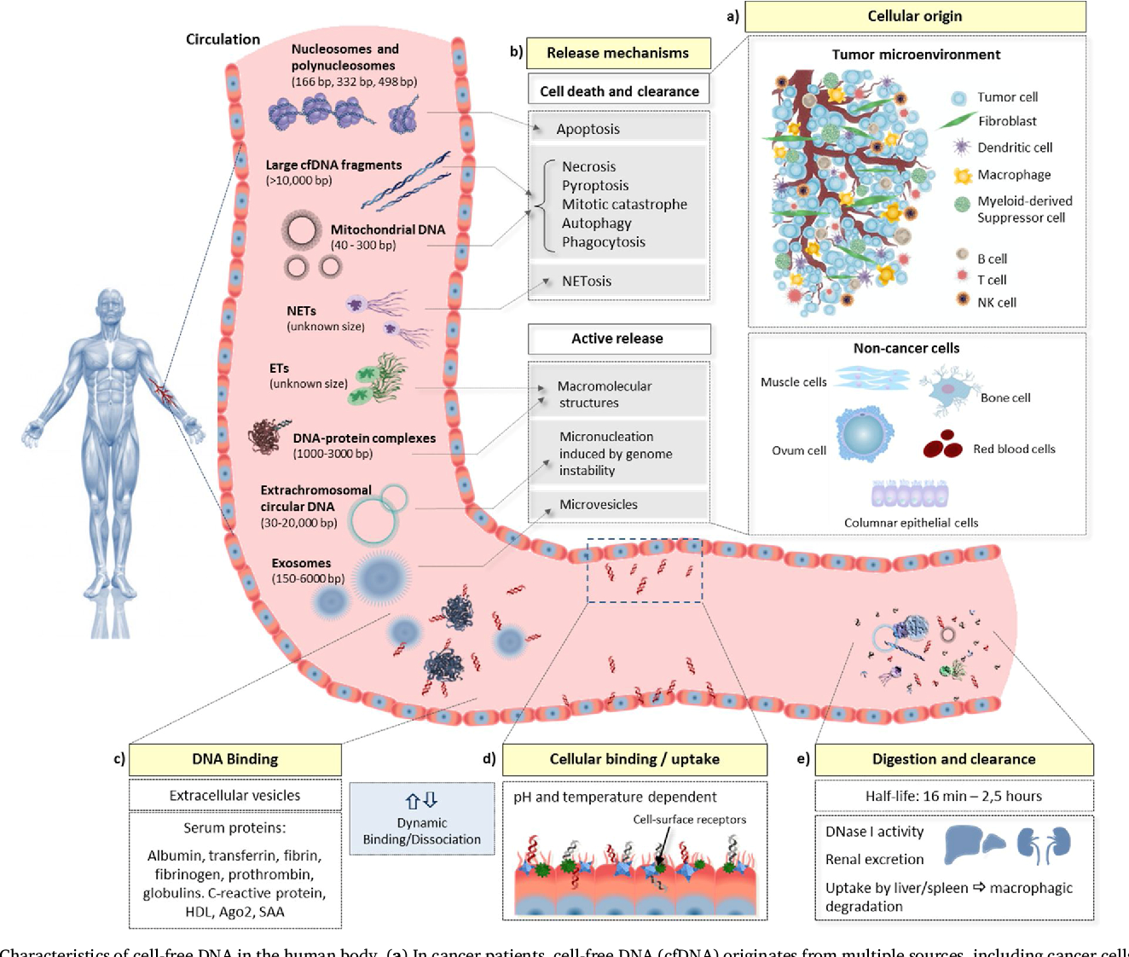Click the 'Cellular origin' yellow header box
pos(915,16)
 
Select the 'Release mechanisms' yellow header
pos(618,53)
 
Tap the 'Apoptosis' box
pos(619,129)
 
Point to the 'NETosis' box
pos(619,281)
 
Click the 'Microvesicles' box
pos(619,504)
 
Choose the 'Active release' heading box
pos(619,339)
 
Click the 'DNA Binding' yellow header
pos(235,759)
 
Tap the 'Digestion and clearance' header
pos(953,759)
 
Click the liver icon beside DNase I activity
pos(972,844)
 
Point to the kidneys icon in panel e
pos(1044,844)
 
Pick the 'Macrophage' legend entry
pos(1014,175)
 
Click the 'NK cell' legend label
pos(996,303)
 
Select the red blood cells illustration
pos(942,444)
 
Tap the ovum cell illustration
pos(864,434)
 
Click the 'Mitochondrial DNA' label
pos(387,229)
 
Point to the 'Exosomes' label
pos(301,563)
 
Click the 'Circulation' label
pos(223,39)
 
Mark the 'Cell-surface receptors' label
pos(689,820)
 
